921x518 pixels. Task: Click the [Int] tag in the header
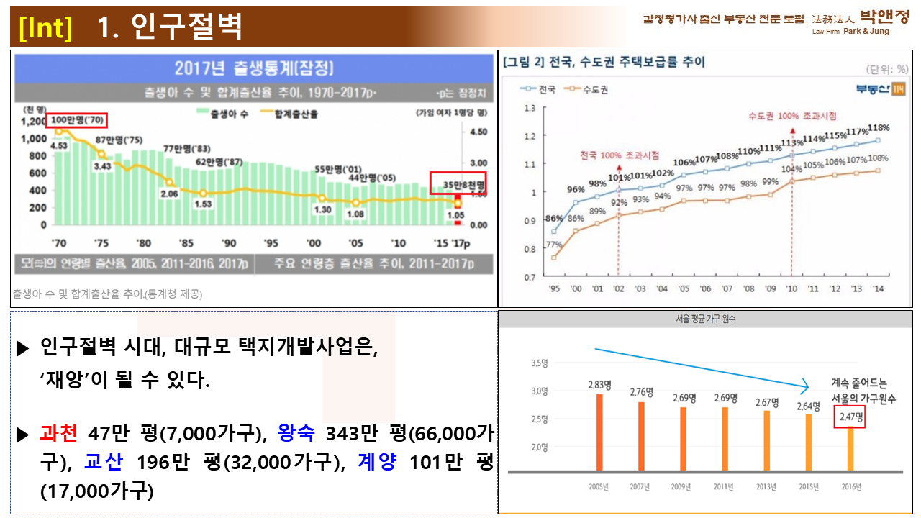pos(47,27)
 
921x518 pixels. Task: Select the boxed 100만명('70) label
pos(77,120)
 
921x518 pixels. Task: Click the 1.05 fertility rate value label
pos(455,215)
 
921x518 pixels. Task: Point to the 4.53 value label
pos(59,145)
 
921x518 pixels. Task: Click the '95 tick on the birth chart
pos(271,243)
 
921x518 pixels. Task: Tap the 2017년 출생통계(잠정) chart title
pos(254,68)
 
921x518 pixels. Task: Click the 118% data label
pos(879,128)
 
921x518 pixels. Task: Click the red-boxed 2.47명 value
pos(850,417)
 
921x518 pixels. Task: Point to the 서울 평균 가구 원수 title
pos(705,319)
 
